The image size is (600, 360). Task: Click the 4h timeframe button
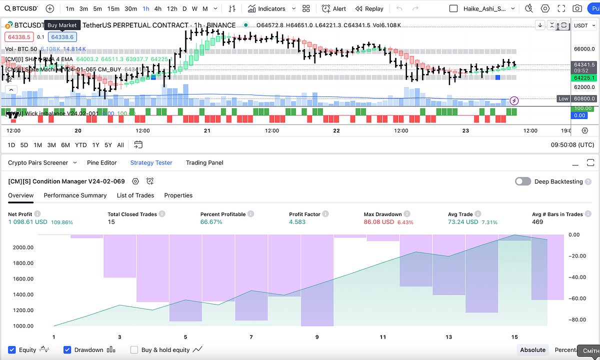(158, 8)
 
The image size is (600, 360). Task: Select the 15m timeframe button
(113, 8)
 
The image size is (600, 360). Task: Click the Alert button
(334, 8)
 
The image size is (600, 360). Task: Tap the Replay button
(369, 8)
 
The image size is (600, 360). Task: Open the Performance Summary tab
(75, 195)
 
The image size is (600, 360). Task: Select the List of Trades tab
(135, 195)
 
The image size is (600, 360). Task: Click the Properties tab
(178, 195)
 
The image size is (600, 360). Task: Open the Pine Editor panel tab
(101, 162)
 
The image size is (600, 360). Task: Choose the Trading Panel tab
(204, 162)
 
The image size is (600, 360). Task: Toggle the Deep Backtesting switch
(523, 181)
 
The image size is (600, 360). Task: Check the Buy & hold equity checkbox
(134, 350)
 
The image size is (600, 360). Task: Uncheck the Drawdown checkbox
(67, 350)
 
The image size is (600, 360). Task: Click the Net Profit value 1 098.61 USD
(28, 222)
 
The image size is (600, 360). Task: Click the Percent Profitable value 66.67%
(211, 222)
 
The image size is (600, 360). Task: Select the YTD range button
(81, 145)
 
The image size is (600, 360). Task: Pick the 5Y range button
(108, 145)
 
